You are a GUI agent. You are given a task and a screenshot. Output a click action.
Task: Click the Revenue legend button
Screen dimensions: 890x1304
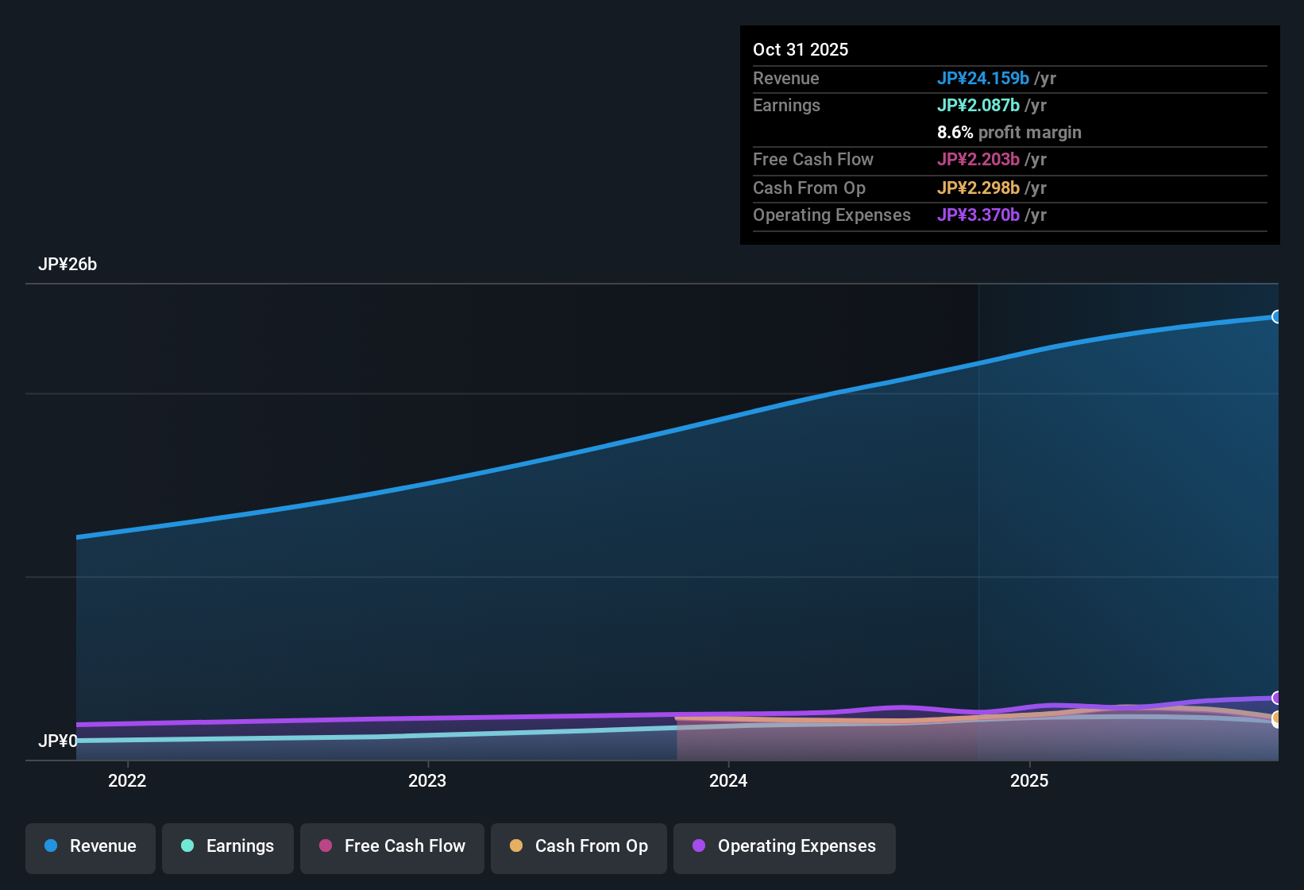[x=91, y=846]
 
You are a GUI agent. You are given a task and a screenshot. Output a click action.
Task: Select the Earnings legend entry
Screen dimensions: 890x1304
[x=228, y=846]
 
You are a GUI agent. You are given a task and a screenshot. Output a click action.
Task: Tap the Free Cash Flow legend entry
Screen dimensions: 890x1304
[x=392, y=846]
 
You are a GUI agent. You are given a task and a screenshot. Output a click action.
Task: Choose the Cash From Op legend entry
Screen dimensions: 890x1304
[x=579, y=846]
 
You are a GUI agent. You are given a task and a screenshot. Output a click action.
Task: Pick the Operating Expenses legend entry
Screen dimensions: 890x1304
[x=785, y=846]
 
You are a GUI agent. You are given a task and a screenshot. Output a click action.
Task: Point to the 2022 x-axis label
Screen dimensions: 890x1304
[x=127, y=780]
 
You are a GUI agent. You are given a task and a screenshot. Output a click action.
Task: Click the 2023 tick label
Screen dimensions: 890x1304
[x=427, y=780]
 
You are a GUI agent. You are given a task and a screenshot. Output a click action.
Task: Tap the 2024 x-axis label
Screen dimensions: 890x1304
[x=728, y=780]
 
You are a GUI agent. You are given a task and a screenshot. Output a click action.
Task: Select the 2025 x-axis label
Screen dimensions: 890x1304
[x=1029, y=780]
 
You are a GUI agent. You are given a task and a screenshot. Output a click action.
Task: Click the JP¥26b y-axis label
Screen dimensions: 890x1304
[x=68, y=265]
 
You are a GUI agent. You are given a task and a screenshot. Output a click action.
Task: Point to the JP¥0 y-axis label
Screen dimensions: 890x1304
[x=58, y=741]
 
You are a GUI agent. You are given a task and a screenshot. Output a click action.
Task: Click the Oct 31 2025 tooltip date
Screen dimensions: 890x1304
[x=801, y=49]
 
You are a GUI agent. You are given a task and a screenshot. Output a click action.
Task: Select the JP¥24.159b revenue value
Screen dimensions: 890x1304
[x=983, y=78]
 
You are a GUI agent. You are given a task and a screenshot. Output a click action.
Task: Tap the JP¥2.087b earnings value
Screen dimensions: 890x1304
[x=978, y=105]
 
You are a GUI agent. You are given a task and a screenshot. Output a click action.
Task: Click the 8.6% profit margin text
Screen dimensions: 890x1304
[x=1009, y=133]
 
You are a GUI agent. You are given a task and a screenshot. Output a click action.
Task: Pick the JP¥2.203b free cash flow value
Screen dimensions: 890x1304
[x=978, y=159]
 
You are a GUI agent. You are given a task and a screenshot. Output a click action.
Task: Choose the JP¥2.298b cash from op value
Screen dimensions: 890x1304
[x=978, y=188]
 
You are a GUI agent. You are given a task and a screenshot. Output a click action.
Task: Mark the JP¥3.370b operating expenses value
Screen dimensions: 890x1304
[x=978, y=215]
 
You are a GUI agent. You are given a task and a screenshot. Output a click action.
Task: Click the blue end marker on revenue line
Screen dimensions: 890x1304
[x=1276, y=317]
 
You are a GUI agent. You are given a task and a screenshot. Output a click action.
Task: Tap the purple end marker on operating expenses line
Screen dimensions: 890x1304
[x=1276, y=698]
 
